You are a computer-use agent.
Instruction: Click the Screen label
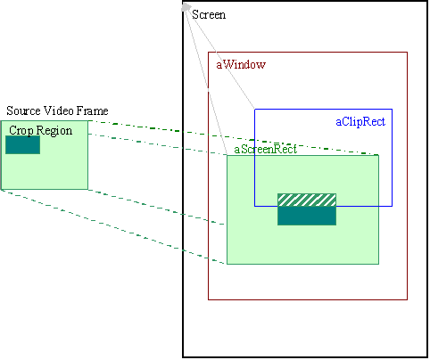209,14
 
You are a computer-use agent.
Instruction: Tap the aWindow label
241,64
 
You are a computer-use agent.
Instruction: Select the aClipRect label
360,122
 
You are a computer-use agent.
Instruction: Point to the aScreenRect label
266,149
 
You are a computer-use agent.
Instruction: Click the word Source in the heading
23,110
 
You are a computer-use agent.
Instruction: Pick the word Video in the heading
59,110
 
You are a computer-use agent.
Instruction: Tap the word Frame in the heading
92,110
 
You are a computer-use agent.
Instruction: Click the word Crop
21,131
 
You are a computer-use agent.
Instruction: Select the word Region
54,131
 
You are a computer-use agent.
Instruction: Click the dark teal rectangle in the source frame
22,144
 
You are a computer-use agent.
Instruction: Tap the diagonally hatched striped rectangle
307,200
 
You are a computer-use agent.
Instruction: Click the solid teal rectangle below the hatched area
307,216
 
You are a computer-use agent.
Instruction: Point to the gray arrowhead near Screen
186,7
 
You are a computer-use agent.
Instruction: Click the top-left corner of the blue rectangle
255,110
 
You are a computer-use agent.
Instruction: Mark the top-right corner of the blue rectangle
392,110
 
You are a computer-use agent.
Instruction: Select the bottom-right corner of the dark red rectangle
407,299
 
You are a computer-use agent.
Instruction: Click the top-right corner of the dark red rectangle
407,53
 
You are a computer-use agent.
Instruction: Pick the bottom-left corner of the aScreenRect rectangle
227,264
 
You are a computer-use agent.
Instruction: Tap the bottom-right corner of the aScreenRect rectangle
378,264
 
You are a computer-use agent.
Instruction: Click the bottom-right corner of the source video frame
87,189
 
